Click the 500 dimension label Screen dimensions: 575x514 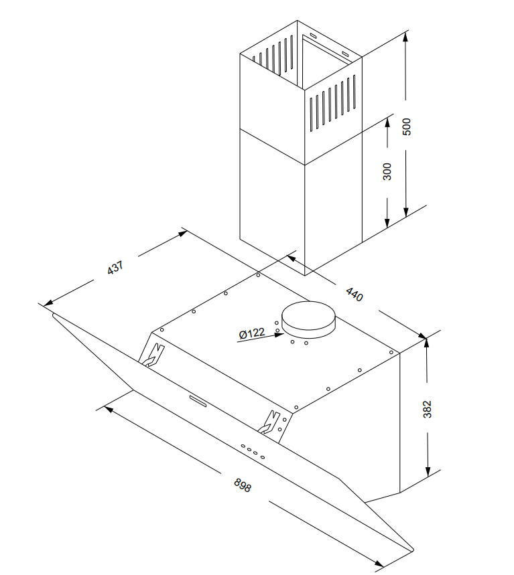406,126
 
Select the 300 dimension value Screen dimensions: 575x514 387,171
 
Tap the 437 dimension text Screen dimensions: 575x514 116,269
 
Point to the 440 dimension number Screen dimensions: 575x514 354,294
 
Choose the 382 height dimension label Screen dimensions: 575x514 428,409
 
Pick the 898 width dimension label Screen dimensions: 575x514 243,485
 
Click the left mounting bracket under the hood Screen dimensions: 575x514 153,356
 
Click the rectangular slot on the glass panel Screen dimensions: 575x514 198,400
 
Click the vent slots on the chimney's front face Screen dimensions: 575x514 332,103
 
